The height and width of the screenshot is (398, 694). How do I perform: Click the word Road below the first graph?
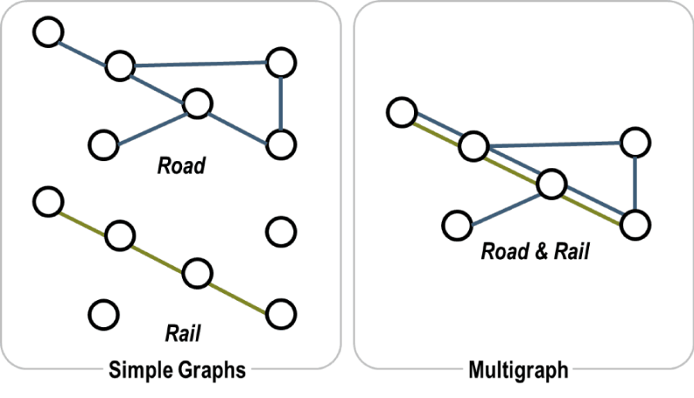pyautogui.click(x=182, y=166)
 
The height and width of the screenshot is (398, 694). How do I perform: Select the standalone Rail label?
pyautogui.click(x=183, y=333)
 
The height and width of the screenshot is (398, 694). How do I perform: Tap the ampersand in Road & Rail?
pyautogui.click(x=539, y=251)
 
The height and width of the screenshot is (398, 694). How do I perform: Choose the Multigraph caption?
pyautogui.click(x=518, y=370)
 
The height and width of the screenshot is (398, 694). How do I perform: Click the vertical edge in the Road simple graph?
pyautogui.click(x=281, y=102)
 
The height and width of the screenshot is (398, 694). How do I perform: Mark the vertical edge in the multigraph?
pyautogui.click(x=634, y=183)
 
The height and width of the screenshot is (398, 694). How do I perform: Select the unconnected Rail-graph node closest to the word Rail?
pyautogui.click(x=103, y=314)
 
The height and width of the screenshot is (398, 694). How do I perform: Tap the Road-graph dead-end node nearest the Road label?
pyautogui.click(x=103, y=143)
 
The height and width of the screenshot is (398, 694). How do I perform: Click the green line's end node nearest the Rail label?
pyautogui.click(x=281, y=313)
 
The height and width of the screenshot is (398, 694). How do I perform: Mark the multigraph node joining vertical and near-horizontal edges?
pyautogui.click(x=635, y=141)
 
